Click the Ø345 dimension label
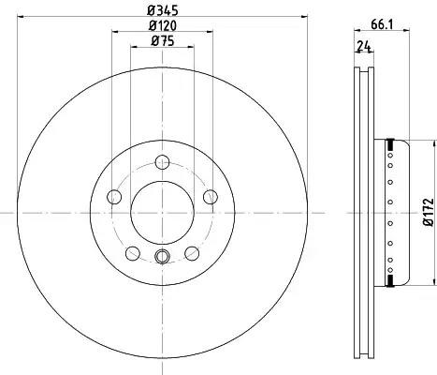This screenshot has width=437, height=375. [163, 10]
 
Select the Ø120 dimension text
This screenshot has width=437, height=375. [163, 25]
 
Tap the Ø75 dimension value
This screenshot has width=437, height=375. [163, 41]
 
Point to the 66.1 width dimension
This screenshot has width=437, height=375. [382, 24]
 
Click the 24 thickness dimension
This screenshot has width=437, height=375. [364, 46]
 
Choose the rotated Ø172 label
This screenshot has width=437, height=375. [429, 212]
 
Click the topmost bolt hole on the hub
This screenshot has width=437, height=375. [162, 162]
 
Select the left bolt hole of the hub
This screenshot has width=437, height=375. [114, 197]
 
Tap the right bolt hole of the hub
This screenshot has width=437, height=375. [211, 197]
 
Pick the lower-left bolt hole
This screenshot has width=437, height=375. [133, 253]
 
